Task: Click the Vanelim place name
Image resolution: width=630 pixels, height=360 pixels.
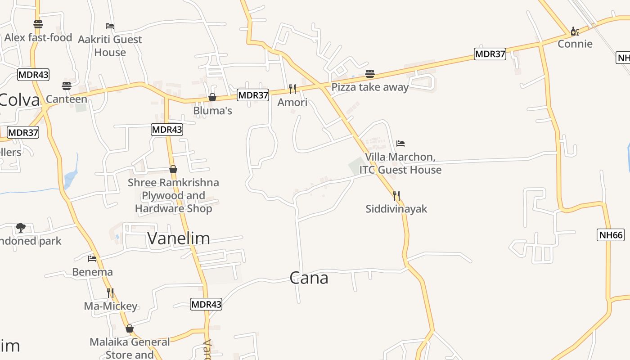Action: click(179, 238)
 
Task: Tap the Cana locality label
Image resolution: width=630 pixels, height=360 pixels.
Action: click(309, 278)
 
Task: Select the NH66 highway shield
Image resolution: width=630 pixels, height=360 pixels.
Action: click(611, 234)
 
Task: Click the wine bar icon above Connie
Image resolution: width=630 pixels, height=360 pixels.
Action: click(574, 31)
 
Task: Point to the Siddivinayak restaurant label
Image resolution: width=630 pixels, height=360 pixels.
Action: click(396, 209)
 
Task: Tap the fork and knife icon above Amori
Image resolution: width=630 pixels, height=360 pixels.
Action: click(292, 89)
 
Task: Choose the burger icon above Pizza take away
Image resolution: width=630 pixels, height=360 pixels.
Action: click(370, 73)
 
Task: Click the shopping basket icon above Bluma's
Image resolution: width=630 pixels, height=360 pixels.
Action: click(212, 97)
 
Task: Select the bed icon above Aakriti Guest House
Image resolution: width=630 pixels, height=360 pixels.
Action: click(110, 26)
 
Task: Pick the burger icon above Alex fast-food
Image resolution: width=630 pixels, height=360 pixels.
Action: click(38, 24)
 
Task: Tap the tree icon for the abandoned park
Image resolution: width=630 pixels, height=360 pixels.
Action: click(20, 227)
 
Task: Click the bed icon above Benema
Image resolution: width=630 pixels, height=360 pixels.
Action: click(92, 258)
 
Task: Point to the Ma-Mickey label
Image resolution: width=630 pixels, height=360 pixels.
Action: click(111, 306)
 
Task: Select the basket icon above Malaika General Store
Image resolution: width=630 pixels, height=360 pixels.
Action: click(130, 328)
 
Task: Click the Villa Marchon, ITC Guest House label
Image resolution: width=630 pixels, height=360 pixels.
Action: click(400, 163)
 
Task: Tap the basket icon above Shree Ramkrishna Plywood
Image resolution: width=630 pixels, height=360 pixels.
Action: click(173, 169)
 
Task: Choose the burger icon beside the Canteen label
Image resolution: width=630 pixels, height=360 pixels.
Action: click(67, 85)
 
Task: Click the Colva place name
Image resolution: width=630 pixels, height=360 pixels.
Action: click(20, 99)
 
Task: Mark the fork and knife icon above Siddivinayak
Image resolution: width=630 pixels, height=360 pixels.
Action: click(396, 195)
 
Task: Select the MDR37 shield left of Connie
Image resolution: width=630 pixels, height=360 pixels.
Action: click(490, 54)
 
